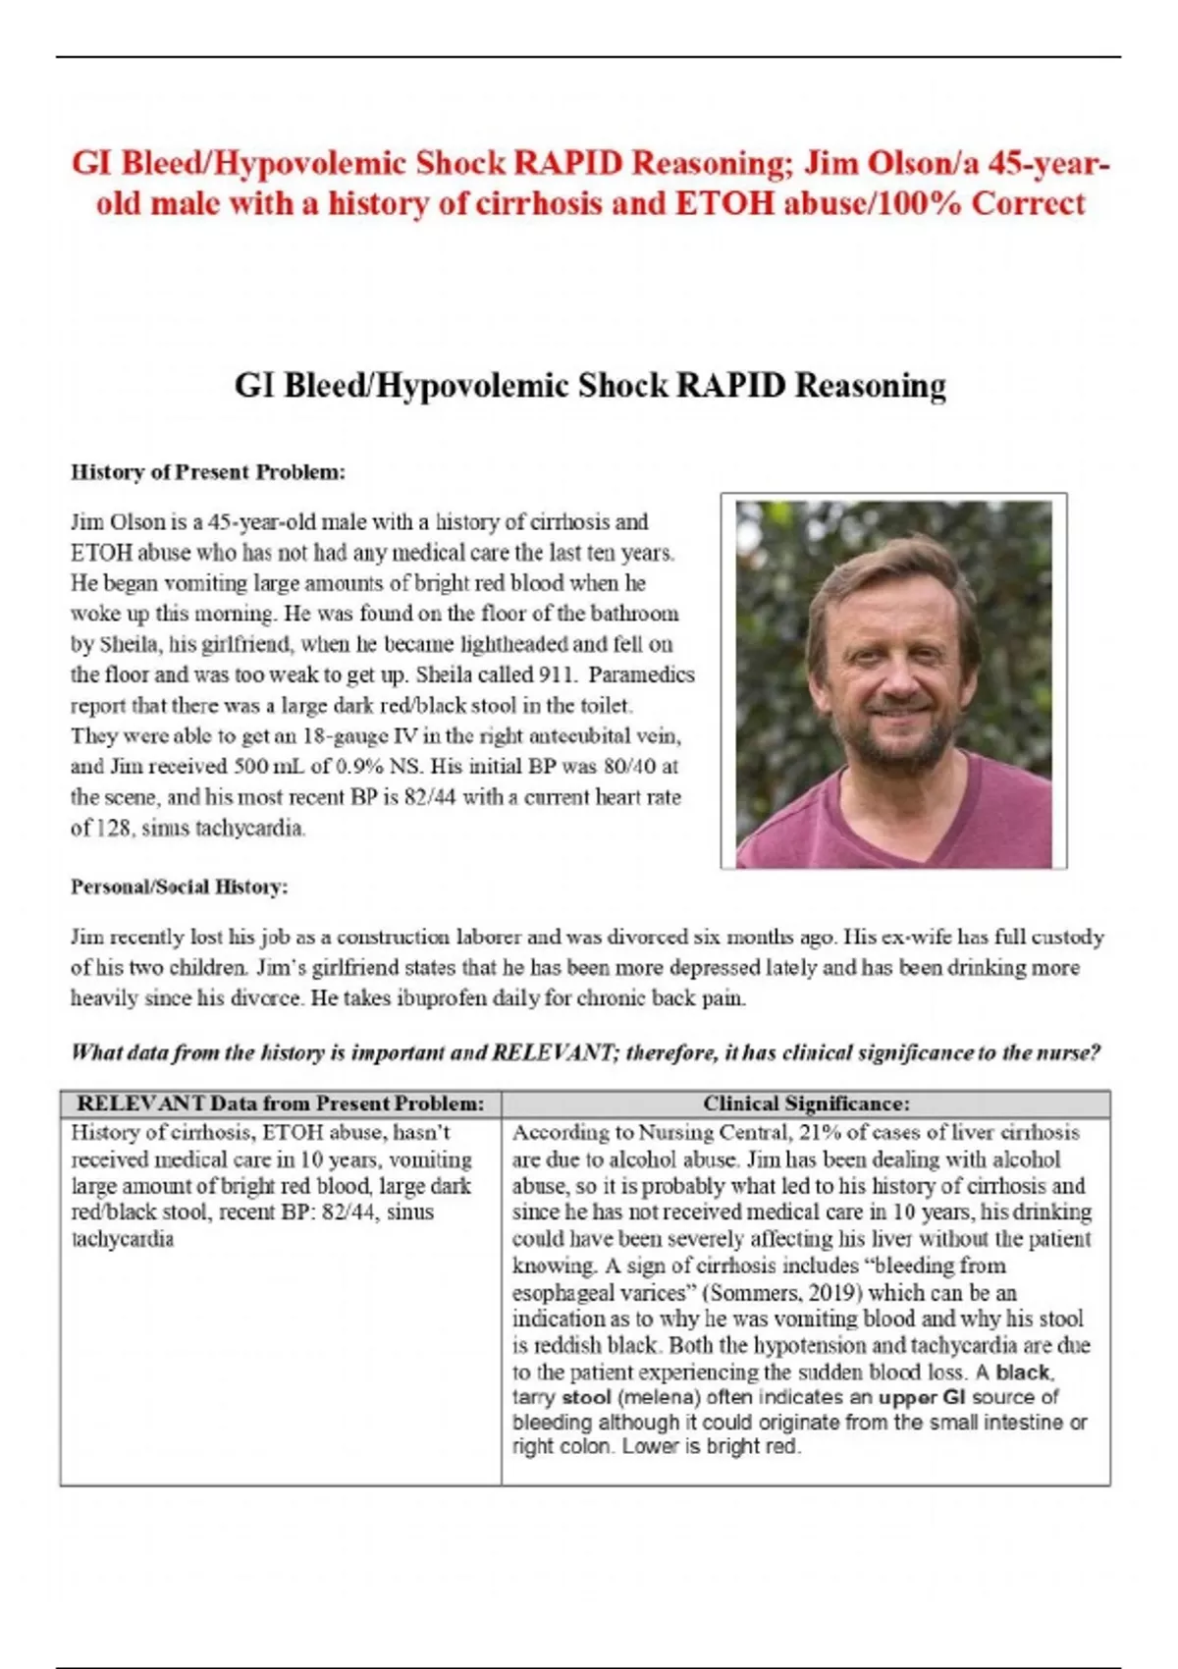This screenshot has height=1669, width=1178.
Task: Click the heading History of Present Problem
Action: (x=207, y=472)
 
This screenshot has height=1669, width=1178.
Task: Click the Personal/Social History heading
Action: (x=179, y=887)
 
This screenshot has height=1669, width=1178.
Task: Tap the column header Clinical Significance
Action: (x=805, y=1104)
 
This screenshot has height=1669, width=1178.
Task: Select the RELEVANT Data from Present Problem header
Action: (x=280, y=1104)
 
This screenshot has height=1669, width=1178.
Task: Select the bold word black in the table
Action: (x=1023, y=1373)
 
